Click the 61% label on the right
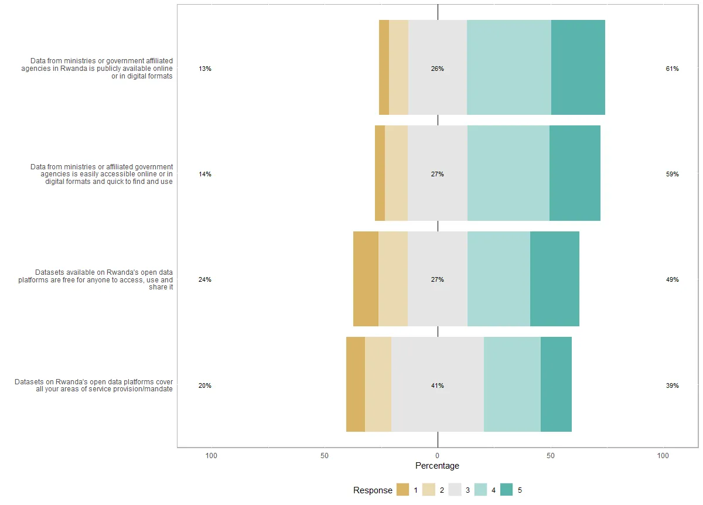672,69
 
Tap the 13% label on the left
205,69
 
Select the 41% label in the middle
438,385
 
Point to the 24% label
205,279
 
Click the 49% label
672,279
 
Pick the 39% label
672,385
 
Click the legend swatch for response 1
402,490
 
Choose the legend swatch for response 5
507,490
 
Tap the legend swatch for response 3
455,490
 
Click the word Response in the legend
373,490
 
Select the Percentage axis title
437,466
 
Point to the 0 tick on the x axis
438,455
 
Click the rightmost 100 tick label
663,455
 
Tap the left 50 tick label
325,455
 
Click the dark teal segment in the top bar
578,67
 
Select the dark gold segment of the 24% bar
366,278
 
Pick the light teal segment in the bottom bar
512,384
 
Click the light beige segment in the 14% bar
396,173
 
